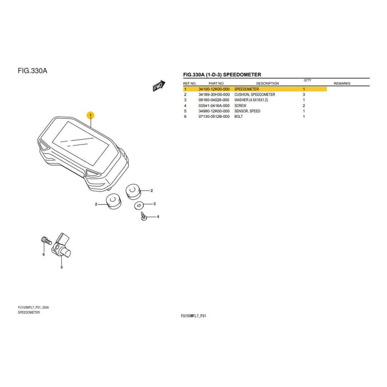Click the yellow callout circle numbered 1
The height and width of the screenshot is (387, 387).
click(x=91, y=115)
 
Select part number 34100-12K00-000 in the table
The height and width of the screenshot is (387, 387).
click(x=214, y=89)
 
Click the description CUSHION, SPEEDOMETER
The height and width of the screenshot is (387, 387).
click(x=254, y=94)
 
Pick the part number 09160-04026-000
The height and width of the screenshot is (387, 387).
click(x=214, y=100)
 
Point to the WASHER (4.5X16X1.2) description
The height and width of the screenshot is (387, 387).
click(x=251, y=100)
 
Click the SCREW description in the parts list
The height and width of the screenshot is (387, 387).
click(x=240, y=106)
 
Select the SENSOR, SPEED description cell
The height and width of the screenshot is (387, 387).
click(x=247, y=111)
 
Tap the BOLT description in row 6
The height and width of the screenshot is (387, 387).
click(x=238, y=117)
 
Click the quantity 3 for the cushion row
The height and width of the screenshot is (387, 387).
click(x=304, y=94)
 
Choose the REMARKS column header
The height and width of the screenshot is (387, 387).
click(x=342, y=84)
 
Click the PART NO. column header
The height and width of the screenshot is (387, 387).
click(x=216, y=84)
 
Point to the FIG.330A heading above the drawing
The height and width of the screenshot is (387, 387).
click(x=33, y=71)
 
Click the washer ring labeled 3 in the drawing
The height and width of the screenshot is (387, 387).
click(x=138, y=205)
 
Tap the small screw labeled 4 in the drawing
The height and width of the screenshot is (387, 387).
click(x=143, y=217)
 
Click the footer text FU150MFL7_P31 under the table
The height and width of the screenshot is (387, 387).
click(x=193, y=316)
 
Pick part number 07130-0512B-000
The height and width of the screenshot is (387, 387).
click(x=214, y=117)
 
